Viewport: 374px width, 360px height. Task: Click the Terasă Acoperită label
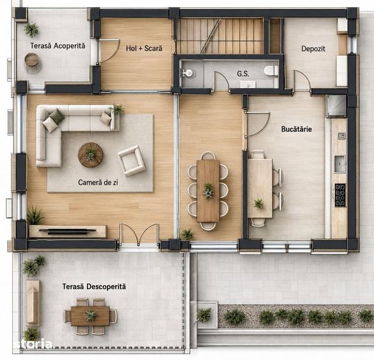[58, 45]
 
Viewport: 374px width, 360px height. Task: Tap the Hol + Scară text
[144, 48]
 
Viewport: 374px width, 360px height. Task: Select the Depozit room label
[313, 49]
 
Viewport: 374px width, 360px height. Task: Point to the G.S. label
[243, 74]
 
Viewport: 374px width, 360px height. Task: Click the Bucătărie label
[297, 129]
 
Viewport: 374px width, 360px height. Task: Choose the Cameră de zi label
[98, 182]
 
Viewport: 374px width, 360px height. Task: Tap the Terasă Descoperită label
[94, 286]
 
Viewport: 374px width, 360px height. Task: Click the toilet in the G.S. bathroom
[271, 71]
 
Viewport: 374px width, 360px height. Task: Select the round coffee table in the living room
[90, 155]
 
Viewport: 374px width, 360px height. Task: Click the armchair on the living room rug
[132, 160]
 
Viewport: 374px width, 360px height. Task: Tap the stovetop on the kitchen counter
[340, 195]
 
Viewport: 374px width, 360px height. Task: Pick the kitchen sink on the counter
[339, 164]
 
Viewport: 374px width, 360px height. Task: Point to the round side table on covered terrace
[32, 59]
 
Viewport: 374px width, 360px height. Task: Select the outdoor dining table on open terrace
[90, 316]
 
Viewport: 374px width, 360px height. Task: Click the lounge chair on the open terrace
[33, 303]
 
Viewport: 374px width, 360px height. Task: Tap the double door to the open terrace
[139, 235]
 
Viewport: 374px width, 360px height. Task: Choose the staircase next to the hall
[220, 36]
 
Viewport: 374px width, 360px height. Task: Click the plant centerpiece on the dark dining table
[208, 191]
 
